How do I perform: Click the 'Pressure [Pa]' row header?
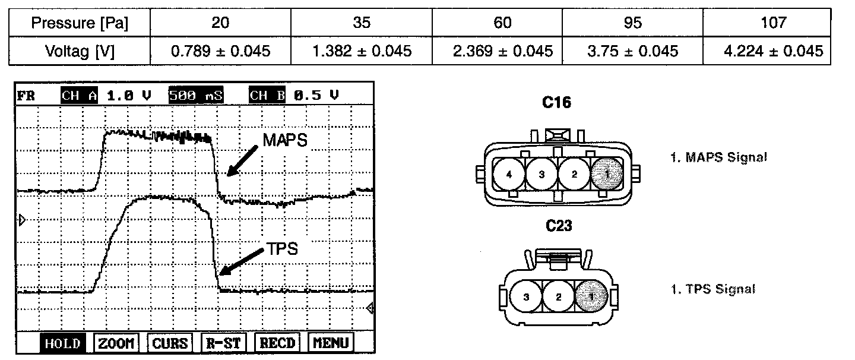point(80,23)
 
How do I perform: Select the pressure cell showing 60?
point(502,23)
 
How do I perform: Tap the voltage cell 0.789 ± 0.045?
point(221,51)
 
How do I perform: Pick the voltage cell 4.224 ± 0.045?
point(773,51)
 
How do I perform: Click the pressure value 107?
point(773,23)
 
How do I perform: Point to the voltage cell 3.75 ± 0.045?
point(632,51)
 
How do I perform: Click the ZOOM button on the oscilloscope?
point(116,343)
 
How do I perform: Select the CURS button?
point(170,343)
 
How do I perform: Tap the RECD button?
point(277,343)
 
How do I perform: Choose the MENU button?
point(331,343)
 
